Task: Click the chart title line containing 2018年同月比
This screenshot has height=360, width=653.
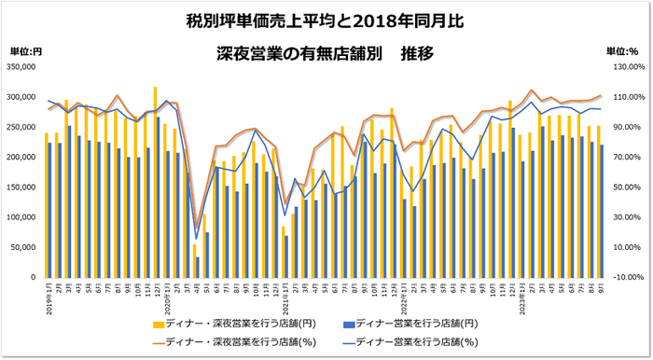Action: click(x=326, y=20)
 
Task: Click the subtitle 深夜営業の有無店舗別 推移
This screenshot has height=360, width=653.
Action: click(x=326, y=52)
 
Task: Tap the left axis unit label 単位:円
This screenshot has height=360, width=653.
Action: click(x=26, y=51)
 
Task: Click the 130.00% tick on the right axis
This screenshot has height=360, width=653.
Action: click(x=626, y=67)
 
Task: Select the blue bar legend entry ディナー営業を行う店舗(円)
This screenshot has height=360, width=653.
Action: click(x=411, y=323)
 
